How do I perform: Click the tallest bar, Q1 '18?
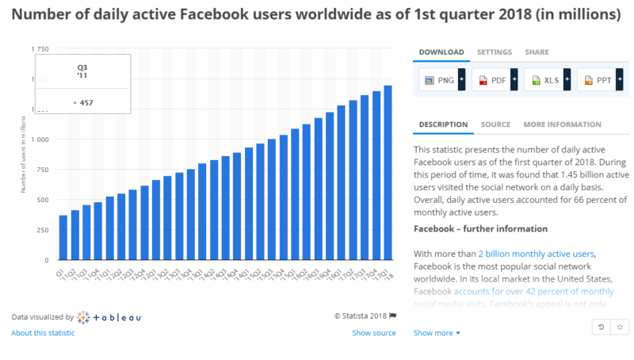tap(388, 173)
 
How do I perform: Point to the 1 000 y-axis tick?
tap(39, 140)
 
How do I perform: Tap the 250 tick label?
tap(42, 230)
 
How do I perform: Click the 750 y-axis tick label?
tap(42, 170)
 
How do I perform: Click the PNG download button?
tap(440, 80)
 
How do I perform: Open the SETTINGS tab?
tap(494, 52)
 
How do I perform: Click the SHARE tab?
tap(537, 52)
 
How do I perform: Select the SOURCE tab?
tap(495, 124)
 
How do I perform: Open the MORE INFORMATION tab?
tap(562, 124)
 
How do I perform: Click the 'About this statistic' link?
tap(43, 333)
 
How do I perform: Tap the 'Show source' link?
tap(373, 333)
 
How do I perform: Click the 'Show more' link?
tap(437, 333)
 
